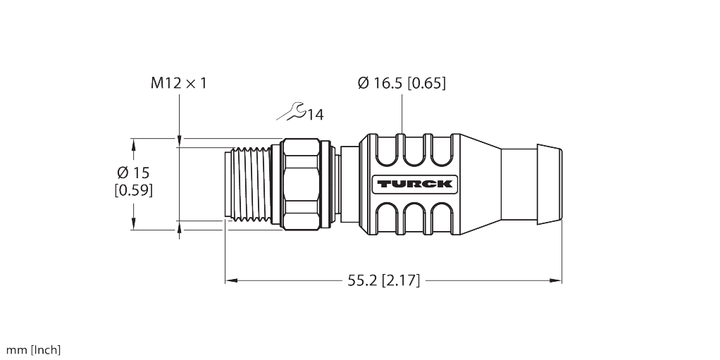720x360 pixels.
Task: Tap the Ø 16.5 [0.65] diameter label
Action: (402, 83)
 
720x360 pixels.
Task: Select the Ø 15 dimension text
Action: (133, 173)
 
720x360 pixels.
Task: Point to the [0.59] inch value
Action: (133, 190)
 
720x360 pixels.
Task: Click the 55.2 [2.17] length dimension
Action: (383, 281)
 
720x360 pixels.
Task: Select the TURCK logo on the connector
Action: (414, 185)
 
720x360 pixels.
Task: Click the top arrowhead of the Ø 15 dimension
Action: (133, 143)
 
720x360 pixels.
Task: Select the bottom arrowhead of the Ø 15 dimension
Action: (133, 225)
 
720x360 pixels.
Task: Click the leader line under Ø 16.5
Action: (402, 113)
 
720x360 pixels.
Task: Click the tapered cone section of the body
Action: (479, 185)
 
